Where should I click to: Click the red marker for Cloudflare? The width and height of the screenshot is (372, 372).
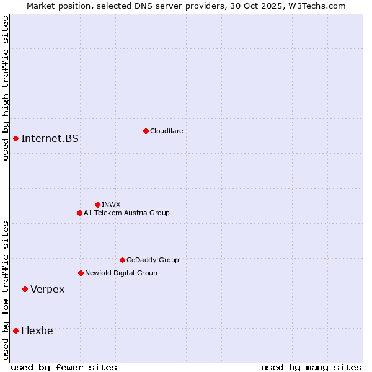click(146, 131)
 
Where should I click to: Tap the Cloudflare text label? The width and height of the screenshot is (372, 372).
click(167, 131)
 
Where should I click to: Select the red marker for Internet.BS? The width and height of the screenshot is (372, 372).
click(15, 138)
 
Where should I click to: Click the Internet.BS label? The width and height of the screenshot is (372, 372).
click(50, 138)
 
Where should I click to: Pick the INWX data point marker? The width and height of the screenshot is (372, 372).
click(97, 205)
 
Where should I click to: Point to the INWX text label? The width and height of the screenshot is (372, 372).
click(111, 205)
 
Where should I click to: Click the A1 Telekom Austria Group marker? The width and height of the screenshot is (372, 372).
click(79, 213)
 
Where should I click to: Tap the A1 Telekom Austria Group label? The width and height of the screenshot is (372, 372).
click(126, 213)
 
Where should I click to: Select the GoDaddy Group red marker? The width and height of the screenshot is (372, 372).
click(122, 260)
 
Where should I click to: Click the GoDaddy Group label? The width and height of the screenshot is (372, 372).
click(153, 260)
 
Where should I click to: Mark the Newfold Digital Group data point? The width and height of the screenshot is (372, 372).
click(81, 273)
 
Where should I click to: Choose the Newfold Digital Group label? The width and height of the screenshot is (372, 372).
click(121, 273)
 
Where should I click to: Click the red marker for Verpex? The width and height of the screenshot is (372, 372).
click(25, 289)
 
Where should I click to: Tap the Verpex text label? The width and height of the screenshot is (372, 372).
click(48, 290)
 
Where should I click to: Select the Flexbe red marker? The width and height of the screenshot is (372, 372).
click(15, 330)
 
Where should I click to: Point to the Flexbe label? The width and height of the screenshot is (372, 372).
click(37, 330)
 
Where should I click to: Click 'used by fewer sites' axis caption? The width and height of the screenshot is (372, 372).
click(64, 367)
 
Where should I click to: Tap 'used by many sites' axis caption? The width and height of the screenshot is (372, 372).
click(311, 367)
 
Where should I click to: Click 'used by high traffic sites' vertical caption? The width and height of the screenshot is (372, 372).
click(6, 88)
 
